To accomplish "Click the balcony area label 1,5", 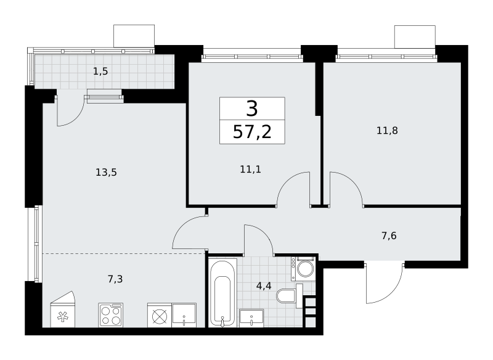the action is [x=100, y=72].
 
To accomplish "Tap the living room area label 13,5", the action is [x=106, y=173].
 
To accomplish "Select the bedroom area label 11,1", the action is [x=250, y=170].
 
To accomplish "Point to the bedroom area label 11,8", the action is [x=387, y=130].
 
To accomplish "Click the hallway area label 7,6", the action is [x=389, y=235].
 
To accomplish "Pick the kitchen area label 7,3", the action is [x=115, y=279].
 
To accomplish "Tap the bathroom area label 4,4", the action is [x=264, y=286].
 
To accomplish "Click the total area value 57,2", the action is [x=252, y=132].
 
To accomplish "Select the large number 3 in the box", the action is [x=252, y=108].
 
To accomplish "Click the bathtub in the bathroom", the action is [x=222, y=293].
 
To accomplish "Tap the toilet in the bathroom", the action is [x=290, y=296].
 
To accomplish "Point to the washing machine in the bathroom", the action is [x=303, y=269].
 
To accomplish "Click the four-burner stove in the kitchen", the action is [x=111, y=315].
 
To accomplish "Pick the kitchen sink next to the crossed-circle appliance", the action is [x=184, y=315].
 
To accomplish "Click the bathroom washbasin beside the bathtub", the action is [x=251, y=318].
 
